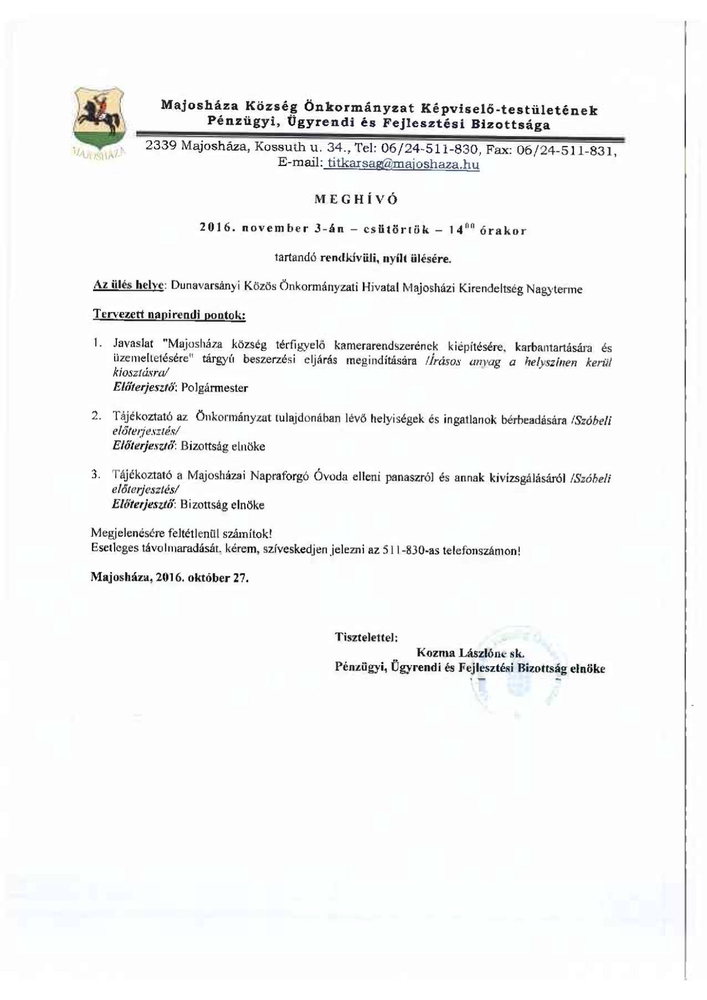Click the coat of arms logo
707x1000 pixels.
(100, 119)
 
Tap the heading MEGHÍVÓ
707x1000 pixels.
(356, 200)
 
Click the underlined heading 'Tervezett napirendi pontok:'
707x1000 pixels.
(169, 315)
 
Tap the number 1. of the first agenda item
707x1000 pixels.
(98, 344)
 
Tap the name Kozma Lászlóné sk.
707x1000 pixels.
(470, 652)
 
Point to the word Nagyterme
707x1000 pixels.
(554, 289)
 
